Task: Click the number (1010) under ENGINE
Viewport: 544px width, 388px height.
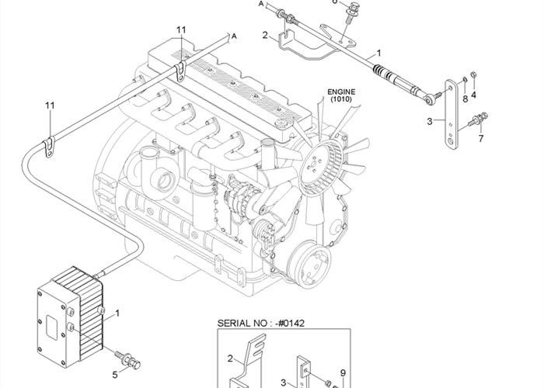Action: coord(340,99)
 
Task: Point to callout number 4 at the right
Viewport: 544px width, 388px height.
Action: coord(473,95)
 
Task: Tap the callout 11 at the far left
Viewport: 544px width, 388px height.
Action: coord(50,105)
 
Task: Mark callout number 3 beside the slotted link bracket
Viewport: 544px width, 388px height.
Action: coord(430,121)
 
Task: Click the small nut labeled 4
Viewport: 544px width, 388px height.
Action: coord(474,75)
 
